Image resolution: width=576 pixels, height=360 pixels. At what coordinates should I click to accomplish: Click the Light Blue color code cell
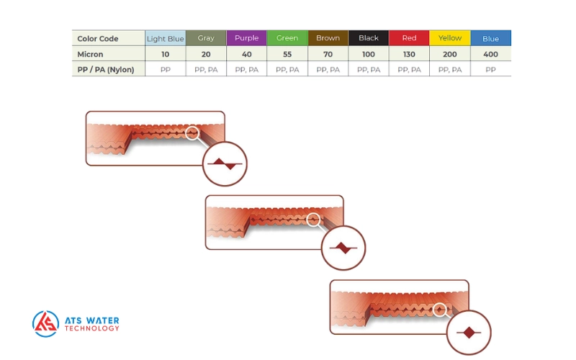166,38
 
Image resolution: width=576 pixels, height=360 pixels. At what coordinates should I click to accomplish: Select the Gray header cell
206,38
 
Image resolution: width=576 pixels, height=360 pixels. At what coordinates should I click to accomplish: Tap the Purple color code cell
246,38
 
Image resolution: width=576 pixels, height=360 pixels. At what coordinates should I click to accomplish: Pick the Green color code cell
287,38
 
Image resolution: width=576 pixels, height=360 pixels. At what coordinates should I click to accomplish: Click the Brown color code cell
328,38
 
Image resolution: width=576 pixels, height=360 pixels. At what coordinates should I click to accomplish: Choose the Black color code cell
368,38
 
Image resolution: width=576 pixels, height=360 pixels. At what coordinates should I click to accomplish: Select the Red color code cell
409,38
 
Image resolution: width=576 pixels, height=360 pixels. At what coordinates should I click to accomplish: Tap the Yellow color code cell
450,38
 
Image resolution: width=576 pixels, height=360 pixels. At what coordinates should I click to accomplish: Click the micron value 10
166,54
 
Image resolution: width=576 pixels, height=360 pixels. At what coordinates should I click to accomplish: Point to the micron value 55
287,54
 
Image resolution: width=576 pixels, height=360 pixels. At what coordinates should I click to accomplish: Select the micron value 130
409,54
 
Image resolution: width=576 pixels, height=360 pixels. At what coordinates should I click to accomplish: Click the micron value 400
491,54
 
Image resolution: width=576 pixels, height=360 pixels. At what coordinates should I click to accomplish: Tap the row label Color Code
98,39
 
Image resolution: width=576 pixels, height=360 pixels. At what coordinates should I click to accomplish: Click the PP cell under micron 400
491,70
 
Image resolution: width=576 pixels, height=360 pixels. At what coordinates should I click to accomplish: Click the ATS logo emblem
45,324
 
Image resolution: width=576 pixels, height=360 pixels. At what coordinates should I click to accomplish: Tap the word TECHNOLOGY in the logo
92,329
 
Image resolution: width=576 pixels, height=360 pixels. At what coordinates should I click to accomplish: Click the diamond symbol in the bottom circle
469,332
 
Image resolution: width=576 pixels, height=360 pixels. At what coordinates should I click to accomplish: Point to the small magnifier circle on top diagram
192,132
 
